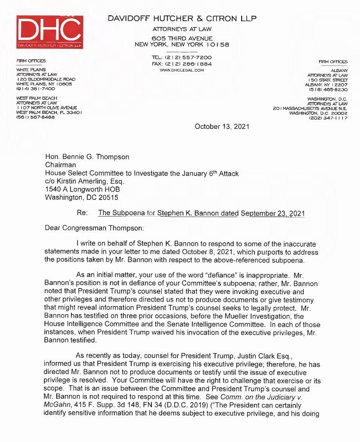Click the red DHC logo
49,32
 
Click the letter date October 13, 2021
222,126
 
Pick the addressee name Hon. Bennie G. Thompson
87,157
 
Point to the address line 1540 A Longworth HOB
82,190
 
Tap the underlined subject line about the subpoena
201,214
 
